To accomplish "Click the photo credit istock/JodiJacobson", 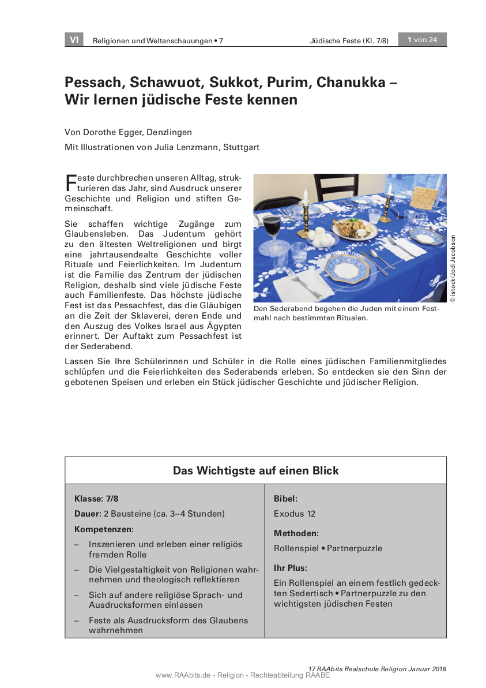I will (453, 268).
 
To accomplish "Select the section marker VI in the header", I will (74, 40).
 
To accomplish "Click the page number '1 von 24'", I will (423, 40).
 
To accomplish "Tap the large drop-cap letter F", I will (70, 182).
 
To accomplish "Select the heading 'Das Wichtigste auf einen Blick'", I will (255, 470).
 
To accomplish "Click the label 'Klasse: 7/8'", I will (97, 498).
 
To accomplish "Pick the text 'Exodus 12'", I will (295, 514).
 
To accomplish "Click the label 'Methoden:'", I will (296, 533).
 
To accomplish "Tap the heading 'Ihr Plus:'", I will (291, 568).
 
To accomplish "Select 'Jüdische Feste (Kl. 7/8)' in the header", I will (349, 40).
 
